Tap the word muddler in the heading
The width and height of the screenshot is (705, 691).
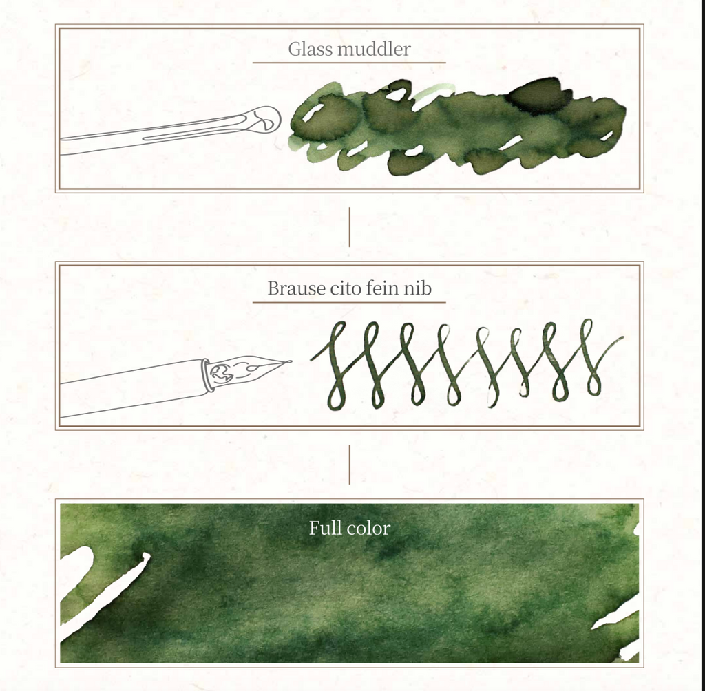point(368,49)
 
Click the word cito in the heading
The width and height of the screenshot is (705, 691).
point(346,288)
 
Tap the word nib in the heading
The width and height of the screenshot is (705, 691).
point(417,288)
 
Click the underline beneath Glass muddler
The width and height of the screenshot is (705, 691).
point(349,63)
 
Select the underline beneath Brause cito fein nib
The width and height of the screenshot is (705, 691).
point(349,303)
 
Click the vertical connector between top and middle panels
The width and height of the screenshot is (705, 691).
point(349,227)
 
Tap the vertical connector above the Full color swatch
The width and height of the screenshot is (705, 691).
point(349,465)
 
